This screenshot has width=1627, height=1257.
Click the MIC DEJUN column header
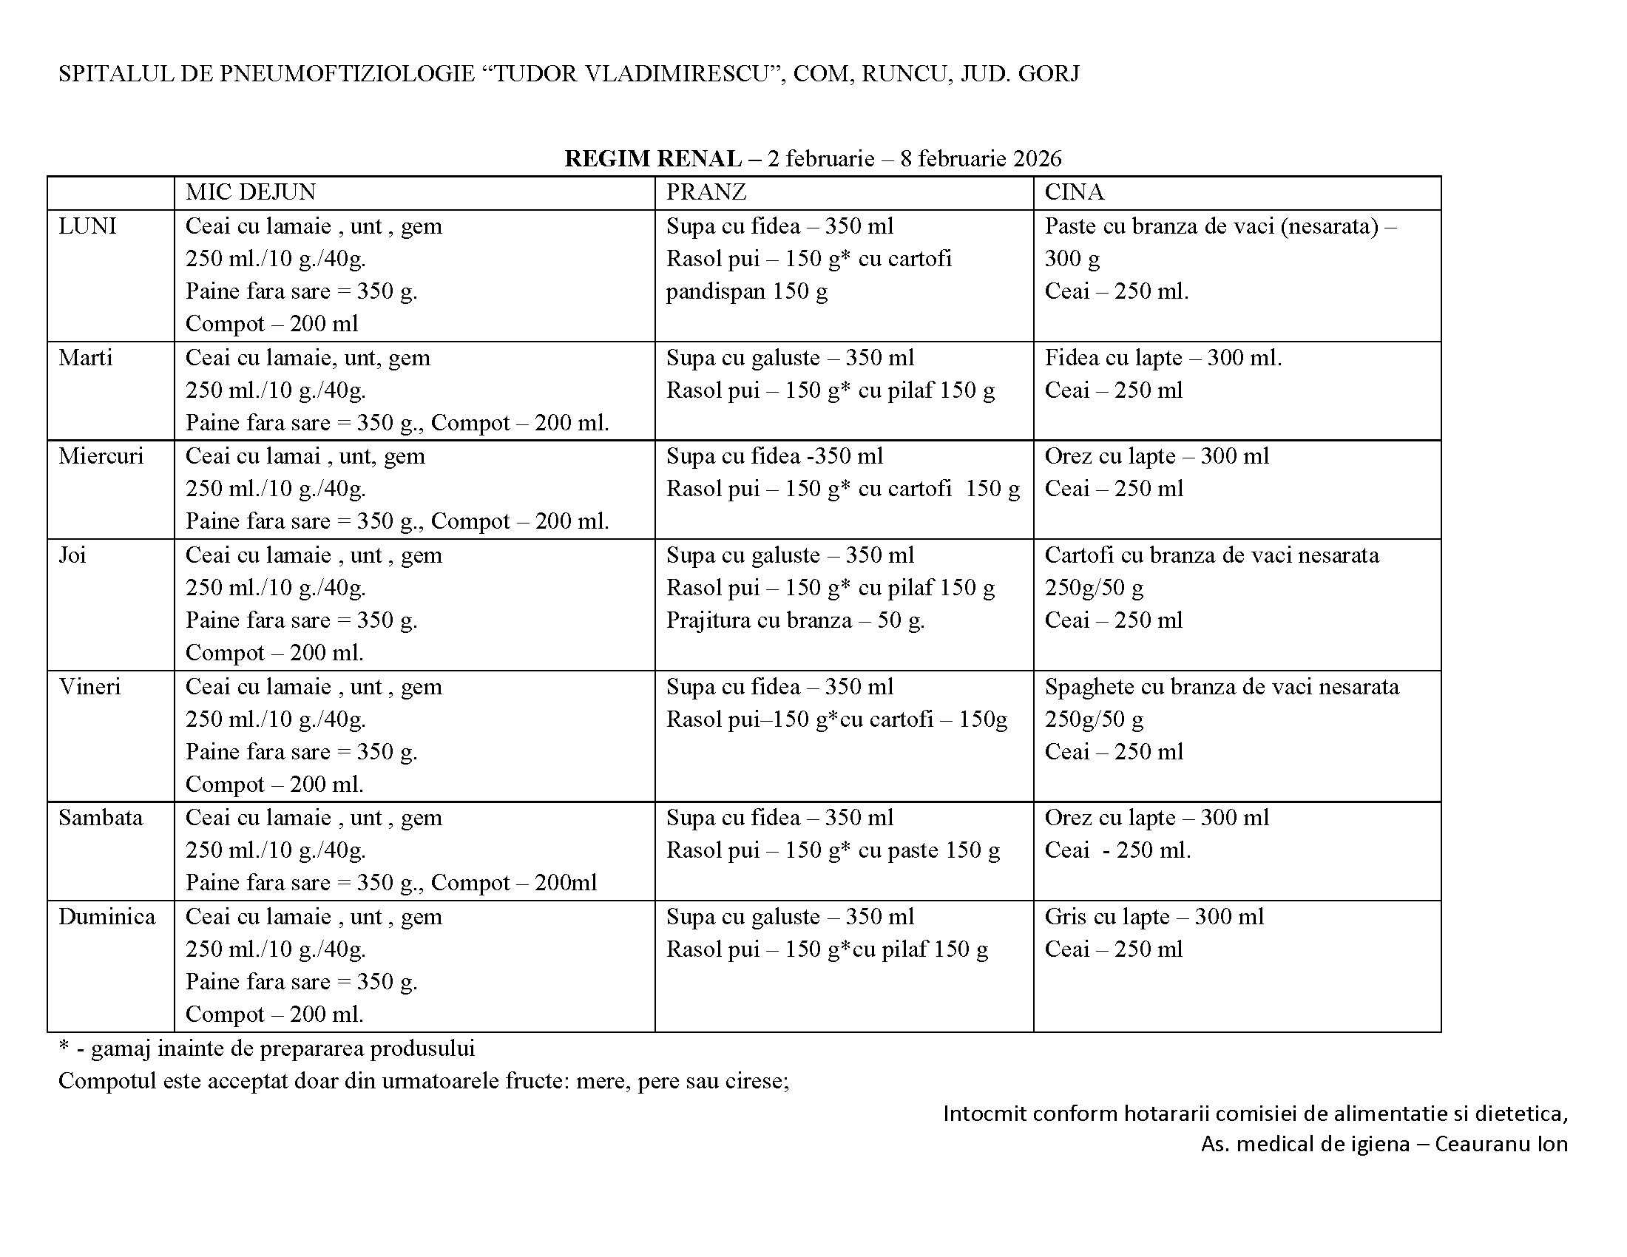tap(250, 192)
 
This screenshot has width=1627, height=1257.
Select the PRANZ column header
tap(706, 192)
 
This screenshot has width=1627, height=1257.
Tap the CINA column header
tap(1074, 192)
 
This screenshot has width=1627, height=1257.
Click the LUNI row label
tap(87, 226)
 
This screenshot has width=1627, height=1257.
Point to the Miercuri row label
tap(101, 455)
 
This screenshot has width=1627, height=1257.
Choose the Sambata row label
tap(101, 818)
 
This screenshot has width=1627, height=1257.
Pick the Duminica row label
tap(106, 917)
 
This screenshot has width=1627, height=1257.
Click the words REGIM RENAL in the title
tap(652, 159)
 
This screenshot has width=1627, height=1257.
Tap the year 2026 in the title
tap(1036, 159)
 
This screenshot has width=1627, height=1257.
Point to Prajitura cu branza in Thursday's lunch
tap(758, 620)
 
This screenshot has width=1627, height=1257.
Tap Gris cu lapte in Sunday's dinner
tap(1107, 917)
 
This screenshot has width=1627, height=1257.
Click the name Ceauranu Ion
tap(1501, 1144)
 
